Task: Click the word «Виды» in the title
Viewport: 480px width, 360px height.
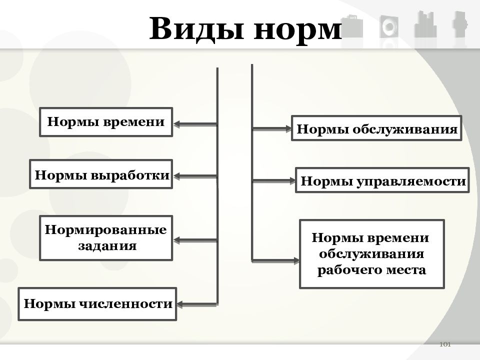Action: pos(196,29)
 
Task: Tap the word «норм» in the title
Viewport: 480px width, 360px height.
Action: pos(297,30)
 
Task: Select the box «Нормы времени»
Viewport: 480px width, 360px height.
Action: pos(106,122)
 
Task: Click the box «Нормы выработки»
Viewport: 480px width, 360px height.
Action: pos(101,174)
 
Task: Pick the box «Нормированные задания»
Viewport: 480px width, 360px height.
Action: pos(106,238)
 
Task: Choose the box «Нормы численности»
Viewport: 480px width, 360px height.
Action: pos(97,304)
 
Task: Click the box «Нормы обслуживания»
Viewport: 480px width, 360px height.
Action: pos(376,128)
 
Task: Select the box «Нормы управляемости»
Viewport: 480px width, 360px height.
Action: pos(382,180)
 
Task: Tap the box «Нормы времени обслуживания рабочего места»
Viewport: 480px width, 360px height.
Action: pos(372,254)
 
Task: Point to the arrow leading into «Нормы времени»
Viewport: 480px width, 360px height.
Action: pos(195,124)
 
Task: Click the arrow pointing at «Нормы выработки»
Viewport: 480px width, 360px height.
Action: pos(195,176)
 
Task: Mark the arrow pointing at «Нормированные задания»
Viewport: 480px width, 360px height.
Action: pos(195,240)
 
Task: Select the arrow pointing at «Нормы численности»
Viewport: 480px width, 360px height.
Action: pos(197,304)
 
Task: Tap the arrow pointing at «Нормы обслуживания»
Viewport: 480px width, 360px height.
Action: pos(271,129)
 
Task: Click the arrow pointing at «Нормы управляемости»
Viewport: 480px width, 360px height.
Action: pos(273,181)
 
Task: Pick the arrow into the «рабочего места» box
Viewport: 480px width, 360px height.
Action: pos(275,261)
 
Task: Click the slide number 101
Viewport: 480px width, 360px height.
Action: pos(445,344)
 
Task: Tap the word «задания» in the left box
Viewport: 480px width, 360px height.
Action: pos(107,246)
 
